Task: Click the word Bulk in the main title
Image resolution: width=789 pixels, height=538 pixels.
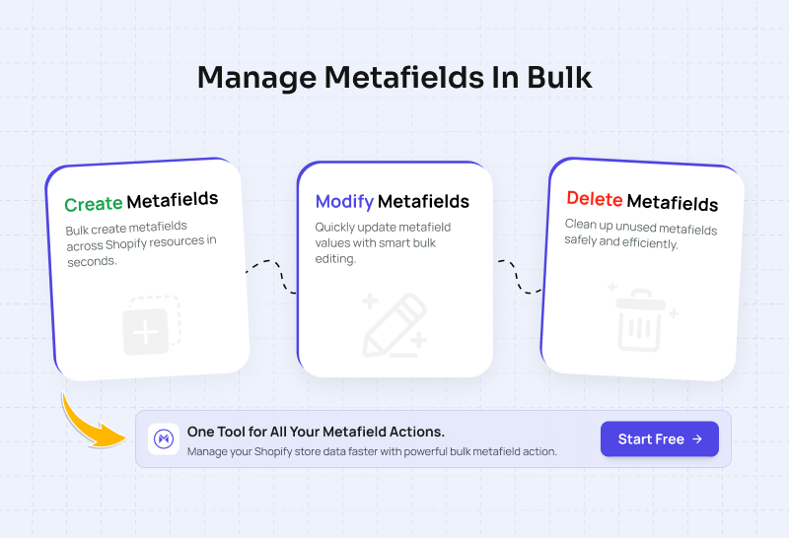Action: click(559, 78)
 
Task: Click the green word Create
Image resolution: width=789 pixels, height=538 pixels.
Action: click(94, 204)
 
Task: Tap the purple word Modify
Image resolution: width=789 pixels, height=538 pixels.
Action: click(344, 202)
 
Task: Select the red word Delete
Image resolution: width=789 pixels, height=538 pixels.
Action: click(595, 199)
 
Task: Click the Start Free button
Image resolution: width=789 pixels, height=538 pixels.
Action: click(659, 438)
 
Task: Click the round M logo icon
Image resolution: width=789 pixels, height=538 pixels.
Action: click(164, 438)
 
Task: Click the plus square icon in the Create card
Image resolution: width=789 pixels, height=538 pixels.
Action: click(151, 326)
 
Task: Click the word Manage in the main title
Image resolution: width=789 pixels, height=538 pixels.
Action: click(256, 79)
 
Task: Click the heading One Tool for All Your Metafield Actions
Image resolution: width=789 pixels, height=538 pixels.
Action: click(316, 432)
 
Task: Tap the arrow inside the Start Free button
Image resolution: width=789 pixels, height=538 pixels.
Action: click(697, 438)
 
